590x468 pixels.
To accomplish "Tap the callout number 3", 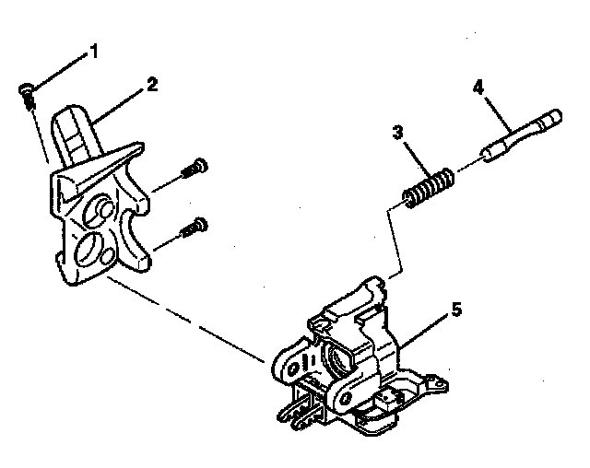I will (x=397, y=133).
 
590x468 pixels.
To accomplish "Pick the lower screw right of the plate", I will (x=194, y=225).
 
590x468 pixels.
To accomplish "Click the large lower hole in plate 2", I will (x=91, y=248).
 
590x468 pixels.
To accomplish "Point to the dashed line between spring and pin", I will (x=466, y=166).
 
